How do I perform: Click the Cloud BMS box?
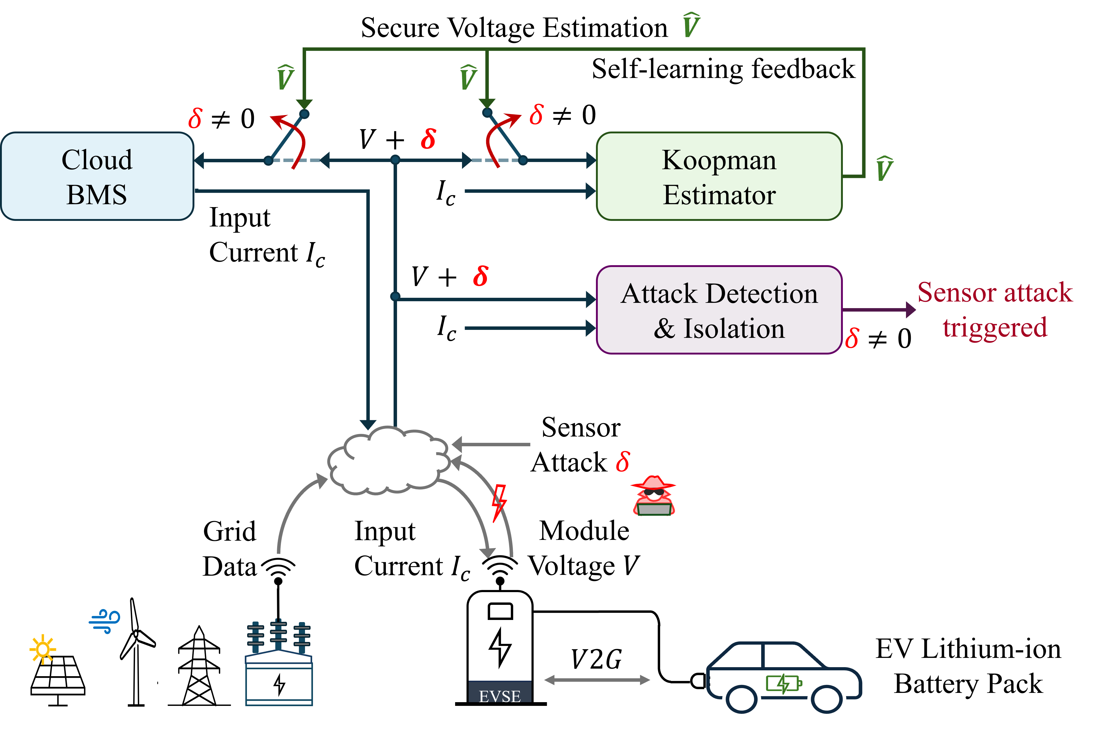[x=97, y=176]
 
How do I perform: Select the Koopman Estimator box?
[x=719, y=176]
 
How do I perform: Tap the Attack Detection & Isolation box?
[x=719, y=310]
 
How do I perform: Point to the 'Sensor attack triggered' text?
[x=995, y=310]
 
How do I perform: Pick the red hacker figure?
[x=653, y=496]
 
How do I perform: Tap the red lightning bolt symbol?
[x=499, y=503]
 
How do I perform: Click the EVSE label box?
[x=500, y=692]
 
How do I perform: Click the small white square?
[x=153, y=626]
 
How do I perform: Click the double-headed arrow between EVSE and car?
[x=597, y=680]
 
